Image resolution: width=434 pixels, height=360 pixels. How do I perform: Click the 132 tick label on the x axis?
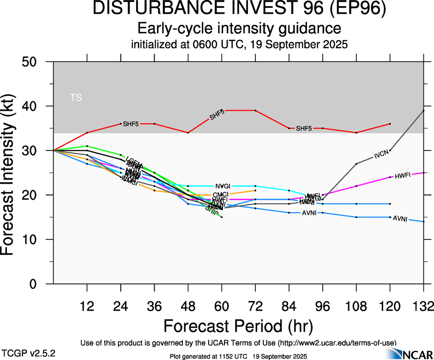point(421,306)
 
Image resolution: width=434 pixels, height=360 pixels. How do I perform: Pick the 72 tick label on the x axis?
point(255,306)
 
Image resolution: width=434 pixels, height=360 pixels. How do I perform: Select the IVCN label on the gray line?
point(382,155)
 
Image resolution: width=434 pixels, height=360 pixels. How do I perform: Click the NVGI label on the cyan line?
point(222,186)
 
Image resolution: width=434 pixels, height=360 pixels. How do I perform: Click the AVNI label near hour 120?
point(400,219)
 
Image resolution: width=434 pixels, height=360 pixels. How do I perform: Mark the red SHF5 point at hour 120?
point(390,124)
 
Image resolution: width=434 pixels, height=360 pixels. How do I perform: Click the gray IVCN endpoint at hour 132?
point(423,111)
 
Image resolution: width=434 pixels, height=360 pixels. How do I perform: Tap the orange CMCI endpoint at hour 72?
point(255,190)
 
